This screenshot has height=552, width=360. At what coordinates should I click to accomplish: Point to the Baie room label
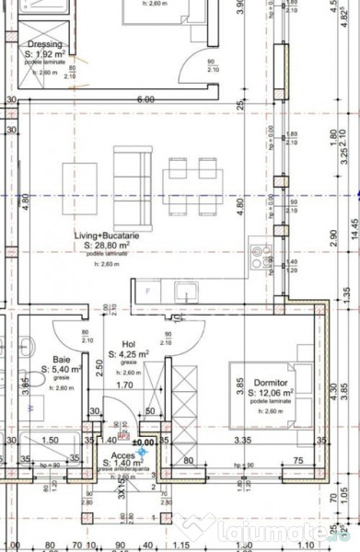[62, 361]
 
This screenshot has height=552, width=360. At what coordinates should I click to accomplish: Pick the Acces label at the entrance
[123, 454]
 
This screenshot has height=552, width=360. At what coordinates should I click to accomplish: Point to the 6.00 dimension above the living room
[145, 98]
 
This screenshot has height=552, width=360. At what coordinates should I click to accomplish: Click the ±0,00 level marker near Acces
[143, 443]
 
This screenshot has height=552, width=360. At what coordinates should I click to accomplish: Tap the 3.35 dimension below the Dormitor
[242, 442]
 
